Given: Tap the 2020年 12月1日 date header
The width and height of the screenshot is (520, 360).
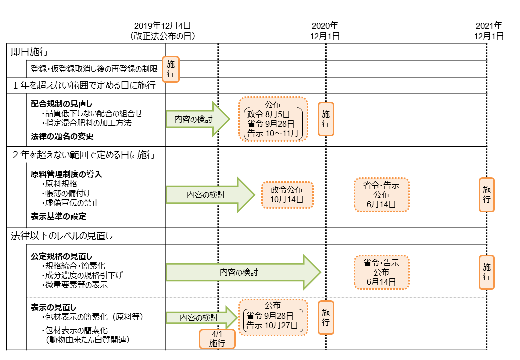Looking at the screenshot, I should pyautogui.click(x=325, y=31).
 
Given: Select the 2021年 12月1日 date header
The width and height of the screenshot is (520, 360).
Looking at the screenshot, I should pyautogui.click(x=488, y=31).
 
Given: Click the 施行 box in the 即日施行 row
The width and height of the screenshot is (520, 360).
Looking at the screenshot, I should pyautogui.click(x=171, y=68).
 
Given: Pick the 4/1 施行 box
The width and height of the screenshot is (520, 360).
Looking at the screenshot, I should pyautogui.click(x=217, y=339).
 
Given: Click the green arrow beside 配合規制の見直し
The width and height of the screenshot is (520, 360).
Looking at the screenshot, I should pyautogui.click(x=197, y=119).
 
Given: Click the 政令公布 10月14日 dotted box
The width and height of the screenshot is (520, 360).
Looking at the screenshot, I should pyautogui.click(x=287, y=195).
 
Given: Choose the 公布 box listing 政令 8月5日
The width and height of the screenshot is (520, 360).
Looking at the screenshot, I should pyautogui.click(x=273, y=119).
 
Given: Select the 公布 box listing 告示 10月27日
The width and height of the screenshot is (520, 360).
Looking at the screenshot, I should pyautogui.click(x=273, y=317).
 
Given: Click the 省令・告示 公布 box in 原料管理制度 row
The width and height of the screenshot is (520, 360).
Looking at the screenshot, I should pyautogui.click(x=381, y=195).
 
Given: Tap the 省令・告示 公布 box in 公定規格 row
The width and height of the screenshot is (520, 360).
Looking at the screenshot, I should pyautogui.click(x=381, y=272).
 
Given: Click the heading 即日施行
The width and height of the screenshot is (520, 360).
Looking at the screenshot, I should pyautogui.click(x=30, y=52).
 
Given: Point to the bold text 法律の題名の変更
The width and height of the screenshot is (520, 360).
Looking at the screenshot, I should pyautogui.click(x=62, y=136).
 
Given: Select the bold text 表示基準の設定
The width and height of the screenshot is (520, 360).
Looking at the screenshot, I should pyautogui.click(x=58, y=216).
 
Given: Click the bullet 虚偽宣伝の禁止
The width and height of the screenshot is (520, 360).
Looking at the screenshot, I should pyautogui.click(x=73, y=203).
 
